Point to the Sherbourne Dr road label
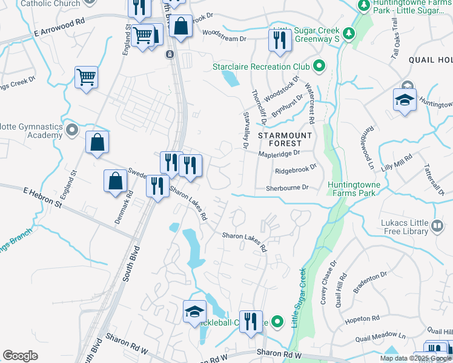point(288,188)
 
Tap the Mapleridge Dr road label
point(279,154)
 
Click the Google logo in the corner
point(20,356)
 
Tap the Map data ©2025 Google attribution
point(415,358)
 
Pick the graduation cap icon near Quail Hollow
point(405,100)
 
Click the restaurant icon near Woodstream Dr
point(279,40)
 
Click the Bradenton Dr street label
point(370,284)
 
